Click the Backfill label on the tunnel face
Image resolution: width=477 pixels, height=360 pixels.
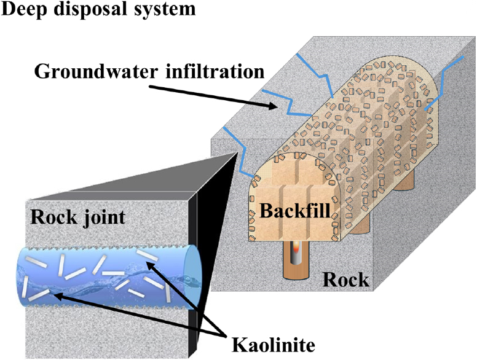(291, 211)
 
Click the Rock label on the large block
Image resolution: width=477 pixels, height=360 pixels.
(346, 280)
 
